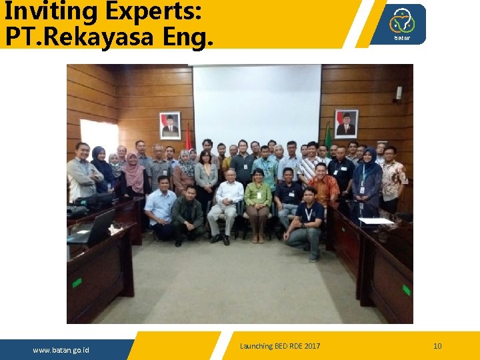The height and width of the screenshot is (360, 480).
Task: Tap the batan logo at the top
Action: click(x=402, y=24)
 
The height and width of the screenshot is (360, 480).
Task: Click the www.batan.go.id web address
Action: click(x=61, y=350)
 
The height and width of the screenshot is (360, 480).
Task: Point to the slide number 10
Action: click(x=437, y=346)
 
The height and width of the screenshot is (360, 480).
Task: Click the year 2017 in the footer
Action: click(x=311, y=346)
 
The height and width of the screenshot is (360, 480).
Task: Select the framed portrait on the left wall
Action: click(x=170, y=125)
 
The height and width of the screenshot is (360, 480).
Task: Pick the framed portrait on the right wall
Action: click(x=346, y=123)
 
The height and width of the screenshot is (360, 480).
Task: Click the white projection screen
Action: click(x=257, y=107)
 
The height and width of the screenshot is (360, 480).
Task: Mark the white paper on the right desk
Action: click(x=376, y=221)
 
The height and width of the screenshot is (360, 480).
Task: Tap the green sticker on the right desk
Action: click(x=406, y=290)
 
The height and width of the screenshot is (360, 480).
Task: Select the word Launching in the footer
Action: click(x=257, y=346)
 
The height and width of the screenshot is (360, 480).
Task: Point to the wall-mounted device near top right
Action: click(x=399, y=93)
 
